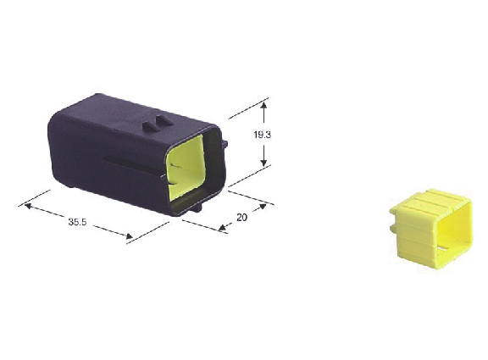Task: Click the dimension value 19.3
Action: coord(263,135)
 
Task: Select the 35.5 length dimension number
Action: coord(77,222)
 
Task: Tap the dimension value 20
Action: coord(241,217)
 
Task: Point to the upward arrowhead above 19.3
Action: coord(264,107)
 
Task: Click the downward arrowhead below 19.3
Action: coord(264,162)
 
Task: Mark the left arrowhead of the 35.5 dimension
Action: coord(29,206)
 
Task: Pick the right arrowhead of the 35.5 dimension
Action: coord(129,236)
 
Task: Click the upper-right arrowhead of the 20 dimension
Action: coord(263,207)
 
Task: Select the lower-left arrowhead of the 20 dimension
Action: coord(222,228)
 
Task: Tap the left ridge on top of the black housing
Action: coord(150,126)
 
